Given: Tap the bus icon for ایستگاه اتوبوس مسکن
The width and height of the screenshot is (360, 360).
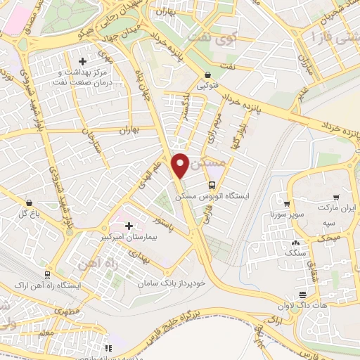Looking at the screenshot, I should click(x=212, y=185).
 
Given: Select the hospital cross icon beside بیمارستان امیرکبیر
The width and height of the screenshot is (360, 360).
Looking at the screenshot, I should click(x=129, y=226).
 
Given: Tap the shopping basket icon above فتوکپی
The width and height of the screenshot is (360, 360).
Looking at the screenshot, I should click(x=208, y=75).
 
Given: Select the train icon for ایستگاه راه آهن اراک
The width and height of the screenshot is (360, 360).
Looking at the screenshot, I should click(x=46, y=275).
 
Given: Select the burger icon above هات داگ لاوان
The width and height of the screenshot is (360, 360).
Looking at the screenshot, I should click(x=302, y=294).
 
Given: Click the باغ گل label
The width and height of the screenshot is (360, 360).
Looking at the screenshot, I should click(x=23, y=212).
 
